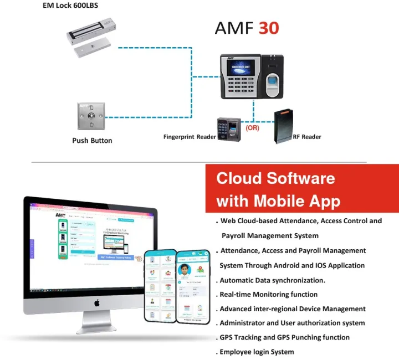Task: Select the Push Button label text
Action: point(92,141)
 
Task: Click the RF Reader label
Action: point(307,137)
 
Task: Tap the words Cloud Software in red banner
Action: point(275,178)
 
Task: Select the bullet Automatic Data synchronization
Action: point(272,280)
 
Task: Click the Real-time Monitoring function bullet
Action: point(268,295)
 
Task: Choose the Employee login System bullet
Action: point(257,352)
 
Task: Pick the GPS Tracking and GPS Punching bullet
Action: point(284,337)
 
